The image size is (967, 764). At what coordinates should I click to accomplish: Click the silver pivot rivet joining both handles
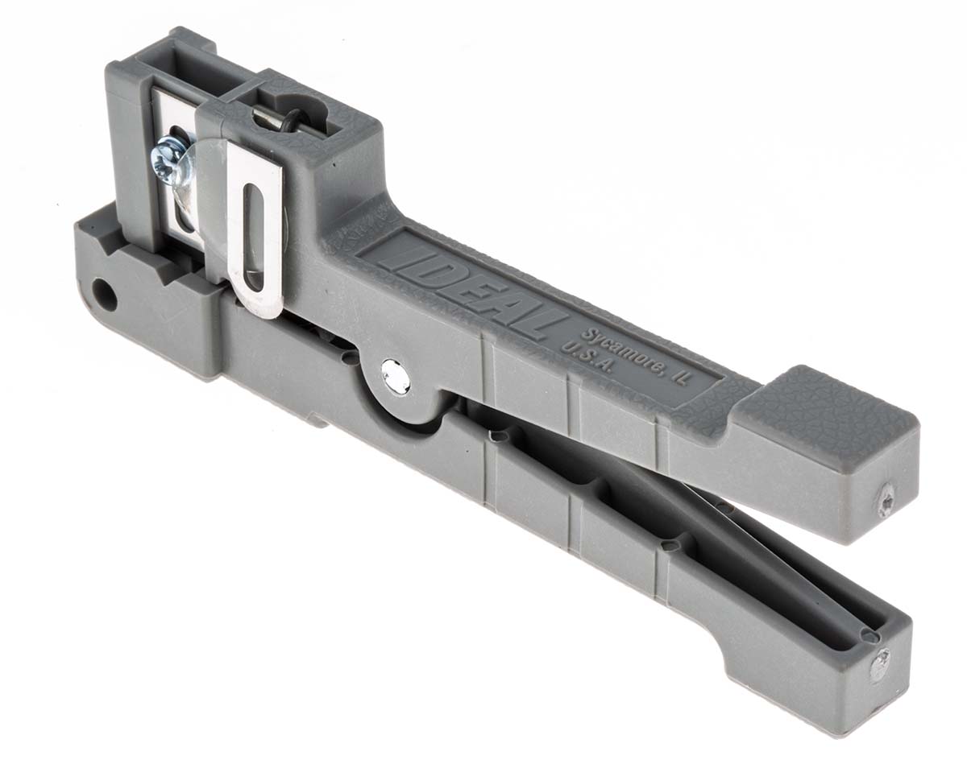pyautogui.click(x=395, y=375)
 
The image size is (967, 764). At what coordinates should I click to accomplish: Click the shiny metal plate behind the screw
pyautogui.click(x=173, y=193)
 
